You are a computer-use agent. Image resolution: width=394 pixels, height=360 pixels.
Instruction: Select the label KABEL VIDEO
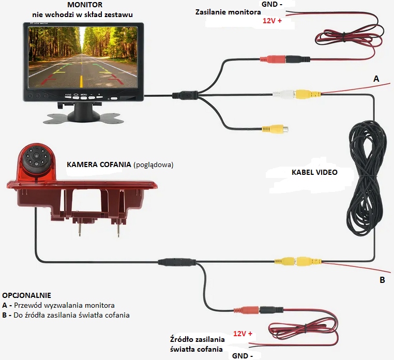tap(314, 173)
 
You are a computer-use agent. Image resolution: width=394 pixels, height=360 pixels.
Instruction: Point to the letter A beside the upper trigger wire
tap(376, 79)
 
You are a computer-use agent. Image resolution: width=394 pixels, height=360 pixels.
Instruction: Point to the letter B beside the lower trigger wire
tap(382, 280)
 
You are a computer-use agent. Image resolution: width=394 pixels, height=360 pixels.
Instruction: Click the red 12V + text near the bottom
tap(243, 334)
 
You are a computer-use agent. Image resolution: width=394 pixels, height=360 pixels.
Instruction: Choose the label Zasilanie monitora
tap(228, 11)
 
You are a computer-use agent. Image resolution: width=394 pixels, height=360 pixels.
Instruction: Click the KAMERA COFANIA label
tap(98, 165)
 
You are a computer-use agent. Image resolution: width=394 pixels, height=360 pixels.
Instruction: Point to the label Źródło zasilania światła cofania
tap(197, 344)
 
